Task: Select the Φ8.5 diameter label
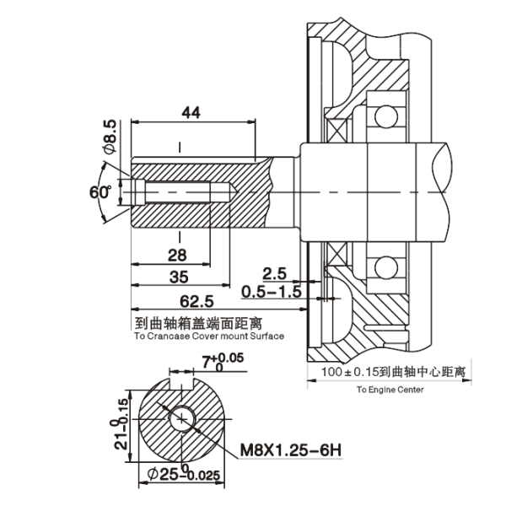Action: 110,137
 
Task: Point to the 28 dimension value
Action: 177,256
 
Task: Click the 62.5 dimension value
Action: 196,301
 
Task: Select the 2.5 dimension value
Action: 273,273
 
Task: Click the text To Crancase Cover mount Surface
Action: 208,335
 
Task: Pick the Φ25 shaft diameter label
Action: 184,476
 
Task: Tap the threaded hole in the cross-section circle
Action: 183,419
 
